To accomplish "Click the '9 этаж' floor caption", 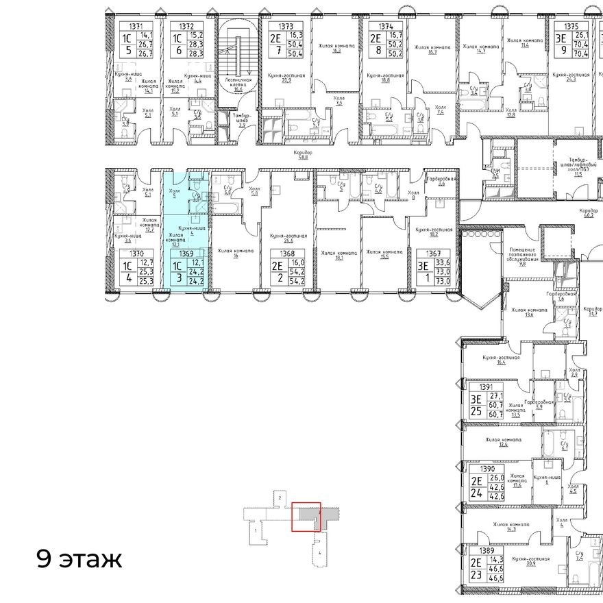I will tap(79, 559).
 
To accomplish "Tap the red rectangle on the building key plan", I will tap(306, 517).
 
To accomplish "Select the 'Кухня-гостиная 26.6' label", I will tap(287, 238).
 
